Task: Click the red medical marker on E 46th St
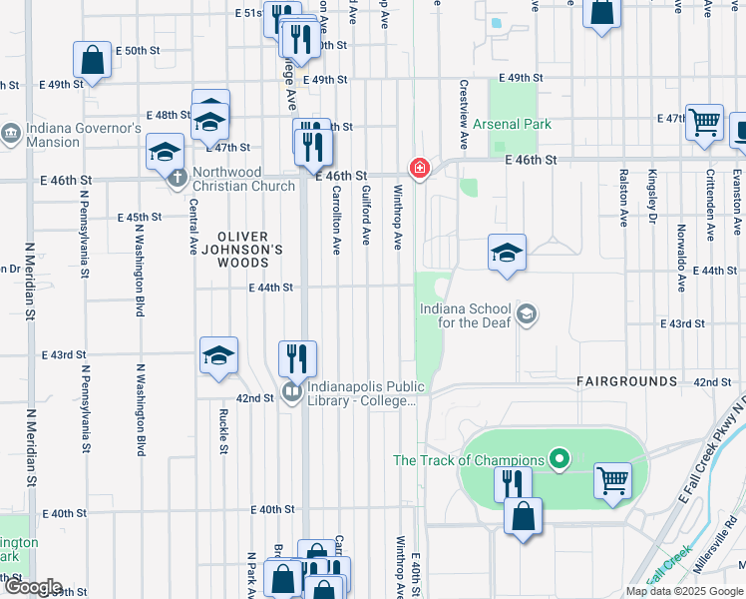(x=420, y=167)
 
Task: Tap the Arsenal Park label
(x=512, y=125)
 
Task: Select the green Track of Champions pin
(x=559, y=460)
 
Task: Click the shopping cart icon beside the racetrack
(x=612, y=480)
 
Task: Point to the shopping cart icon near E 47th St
(x=704, y=122)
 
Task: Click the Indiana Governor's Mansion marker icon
(x=11, y=132)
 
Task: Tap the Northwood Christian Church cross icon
(x=178, y=178)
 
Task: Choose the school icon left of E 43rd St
(x=219, y=355)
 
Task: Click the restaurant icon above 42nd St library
(x=297, y=357)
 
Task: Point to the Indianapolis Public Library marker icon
(x=291, y=392)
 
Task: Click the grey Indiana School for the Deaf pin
(x=527, y=315)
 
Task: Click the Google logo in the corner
(x=32, y=587)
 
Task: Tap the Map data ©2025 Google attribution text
(x=683, y=591)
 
